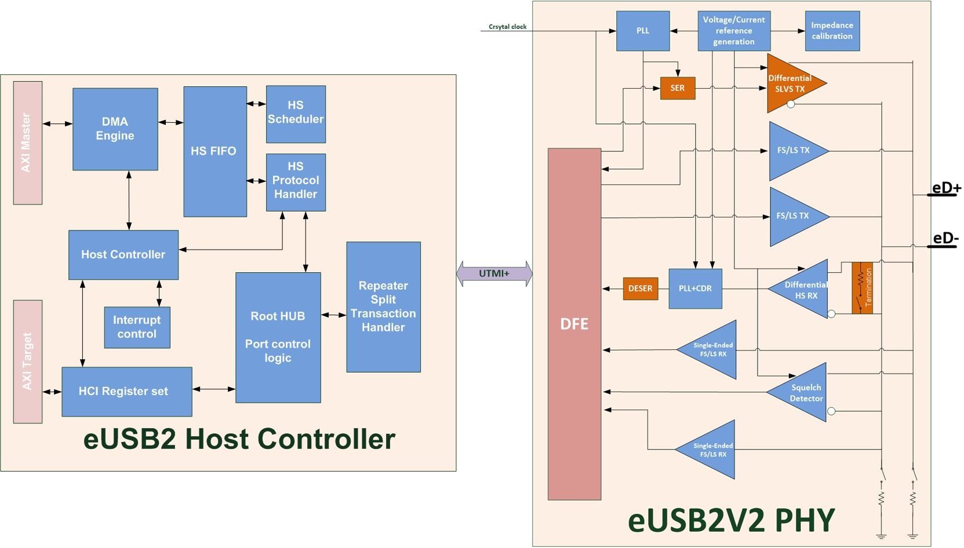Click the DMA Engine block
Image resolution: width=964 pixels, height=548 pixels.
click(115, 129)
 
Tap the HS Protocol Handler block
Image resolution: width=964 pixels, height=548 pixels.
click(296, 182)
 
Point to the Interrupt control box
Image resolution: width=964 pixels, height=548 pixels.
click(137, 327)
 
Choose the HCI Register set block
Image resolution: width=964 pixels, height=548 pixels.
click(126, 392)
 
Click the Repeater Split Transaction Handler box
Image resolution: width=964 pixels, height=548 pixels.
click(383, 306)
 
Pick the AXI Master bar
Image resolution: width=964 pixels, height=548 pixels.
click(27, 143)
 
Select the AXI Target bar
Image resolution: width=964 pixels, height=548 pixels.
click(27, 361)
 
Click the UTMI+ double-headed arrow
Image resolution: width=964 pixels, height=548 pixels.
click(494, 273)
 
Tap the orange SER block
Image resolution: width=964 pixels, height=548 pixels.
click(677, 88)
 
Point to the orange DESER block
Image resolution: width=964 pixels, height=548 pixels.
click(640, 288)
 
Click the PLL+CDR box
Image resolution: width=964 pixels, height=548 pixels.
click(695, 288)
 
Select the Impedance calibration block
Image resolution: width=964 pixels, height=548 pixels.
click(832, 31)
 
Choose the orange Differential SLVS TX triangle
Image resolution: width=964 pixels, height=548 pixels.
click(791, 83)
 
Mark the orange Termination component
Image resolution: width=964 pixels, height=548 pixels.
click(862, 288)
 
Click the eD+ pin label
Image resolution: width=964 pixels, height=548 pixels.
click(946, 188)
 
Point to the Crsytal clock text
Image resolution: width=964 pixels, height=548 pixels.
click(507, 27)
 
